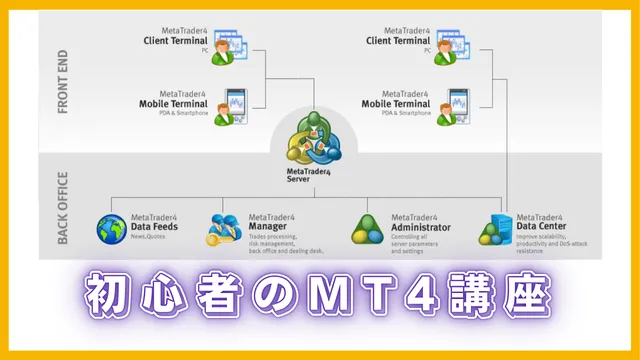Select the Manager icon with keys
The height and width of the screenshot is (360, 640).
(225, 229)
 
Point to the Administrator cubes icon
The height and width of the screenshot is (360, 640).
(367, 230)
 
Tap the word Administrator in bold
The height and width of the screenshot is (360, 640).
(420, 227)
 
